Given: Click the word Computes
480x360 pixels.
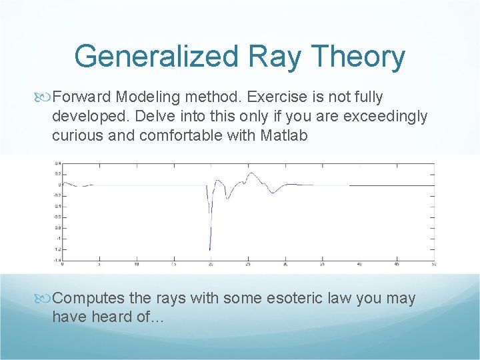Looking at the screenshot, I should (87, 299).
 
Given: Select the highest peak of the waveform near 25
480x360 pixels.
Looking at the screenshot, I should (251, 173).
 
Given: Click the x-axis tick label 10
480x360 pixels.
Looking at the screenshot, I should (137, 264).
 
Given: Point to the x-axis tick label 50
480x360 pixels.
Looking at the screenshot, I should (433, 264).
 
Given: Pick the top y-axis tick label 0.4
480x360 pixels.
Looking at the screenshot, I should (58, 163).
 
